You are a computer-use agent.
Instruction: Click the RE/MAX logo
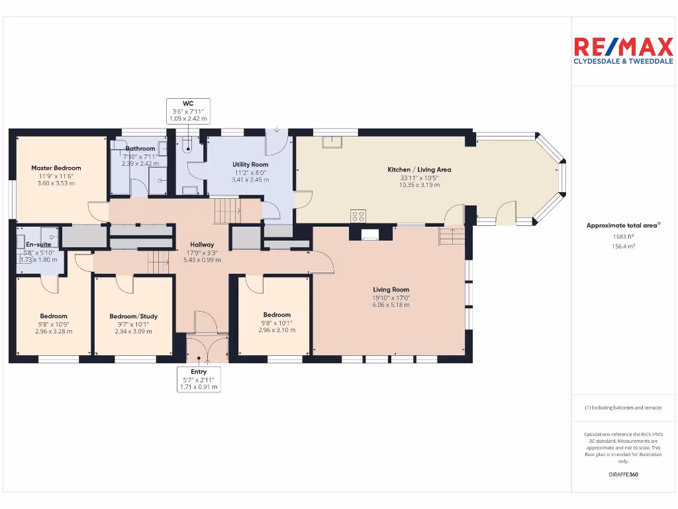[623, 46]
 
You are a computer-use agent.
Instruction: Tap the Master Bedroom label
[56, 168]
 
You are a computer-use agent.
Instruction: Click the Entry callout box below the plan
[199, 379]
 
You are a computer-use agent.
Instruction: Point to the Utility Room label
[250, 164]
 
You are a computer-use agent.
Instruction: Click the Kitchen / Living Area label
[419, 170]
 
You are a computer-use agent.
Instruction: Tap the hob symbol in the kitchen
[358, 215]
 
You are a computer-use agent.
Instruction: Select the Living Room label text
[391, 290]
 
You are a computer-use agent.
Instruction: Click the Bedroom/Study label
[133, 317]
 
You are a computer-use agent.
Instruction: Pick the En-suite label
[38, 245]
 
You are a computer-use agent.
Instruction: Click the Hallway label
[202, 245]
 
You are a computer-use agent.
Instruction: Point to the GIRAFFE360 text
[623, 475]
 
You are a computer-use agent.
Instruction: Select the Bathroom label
[140, 148]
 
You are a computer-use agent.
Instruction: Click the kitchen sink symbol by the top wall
[329, 141]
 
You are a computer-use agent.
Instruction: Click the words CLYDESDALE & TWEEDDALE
[623, 63]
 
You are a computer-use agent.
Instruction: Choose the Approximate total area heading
[623, 225]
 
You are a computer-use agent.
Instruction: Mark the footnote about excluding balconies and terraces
[623, 408]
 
